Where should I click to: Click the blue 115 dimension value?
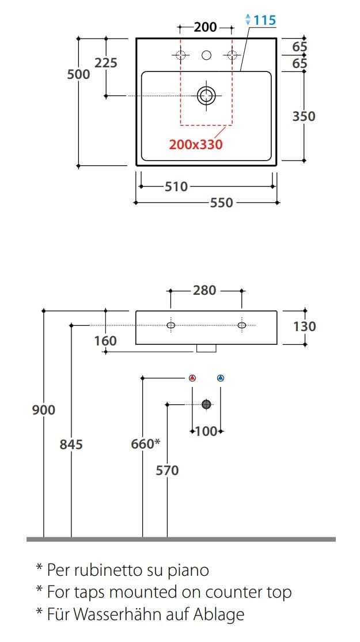pos(264,20)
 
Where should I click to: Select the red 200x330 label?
pos(195,144)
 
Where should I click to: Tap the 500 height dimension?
pos(79,74)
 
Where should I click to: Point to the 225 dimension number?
pos(106,63)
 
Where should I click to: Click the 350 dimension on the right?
pos(304,116)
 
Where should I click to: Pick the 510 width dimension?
pos(176,187)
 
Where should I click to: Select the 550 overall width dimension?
pos(221,203)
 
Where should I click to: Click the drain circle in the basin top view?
pos(206,96)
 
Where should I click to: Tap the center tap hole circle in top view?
pos(206,55)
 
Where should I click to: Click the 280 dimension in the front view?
pos(204,290)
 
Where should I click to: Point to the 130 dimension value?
pos(305,326)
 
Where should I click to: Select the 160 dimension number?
pos(105,341)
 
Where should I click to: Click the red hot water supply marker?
pos(192,378)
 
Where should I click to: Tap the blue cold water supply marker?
pos(221,378)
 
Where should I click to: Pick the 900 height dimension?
pos(44,410)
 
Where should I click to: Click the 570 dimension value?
pos(167,470)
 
